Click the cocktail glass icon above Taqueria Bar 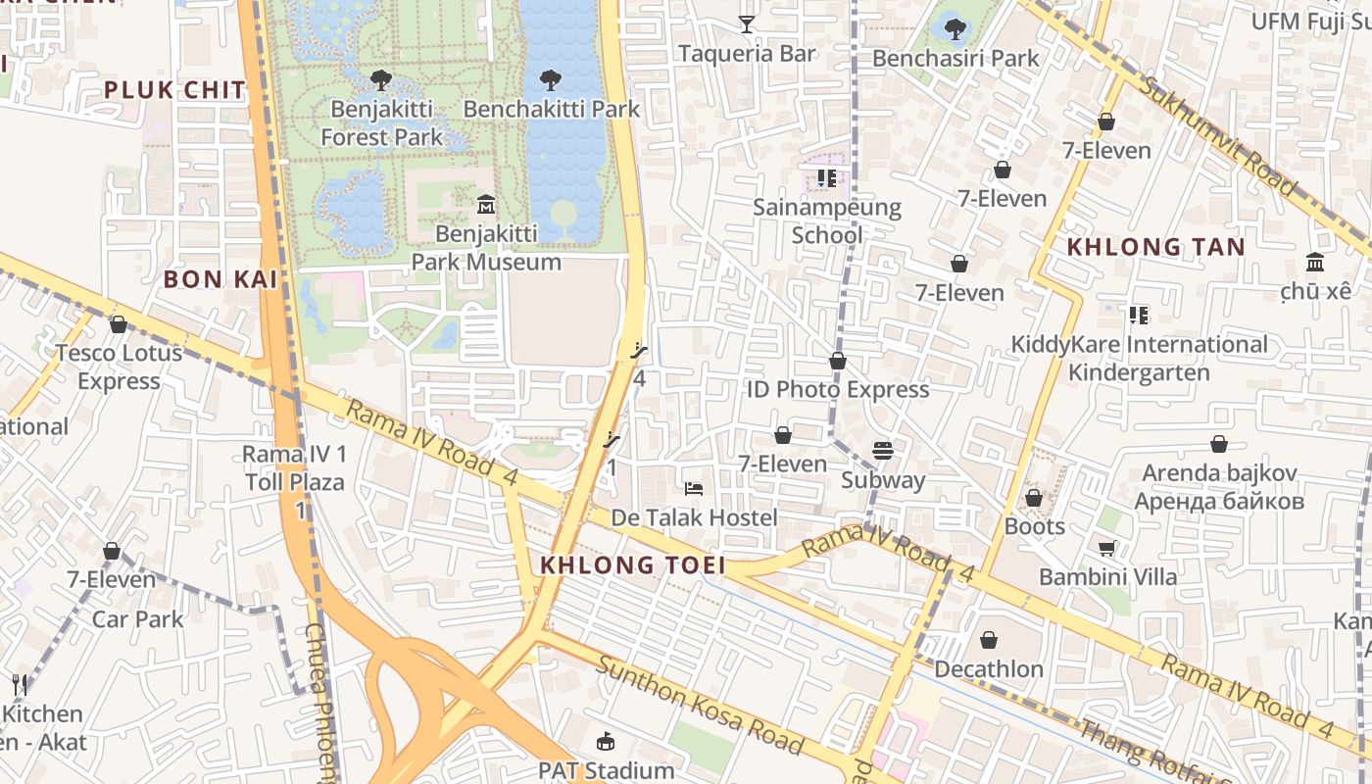click(747, 24)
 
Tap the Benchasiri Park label click(955, 59)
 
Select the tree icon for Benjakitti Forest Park click(381, 80)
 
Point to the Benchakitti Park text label click(551, 109)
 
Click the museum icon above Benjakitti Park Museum click(485, 205)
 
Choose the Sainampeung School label click(827, 220)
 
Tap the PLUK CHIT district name click(174, 90)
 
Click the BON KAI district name click(220, 279)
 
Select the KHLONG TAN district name click(1155, 247)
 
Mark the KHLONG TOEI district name click(633, 565)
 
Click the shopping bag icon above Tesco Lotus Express click(119, 324)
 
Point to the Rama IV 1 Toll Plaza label click(294, 468)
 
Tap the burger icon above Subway click(883, 451)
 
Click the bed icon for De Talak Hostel click(694, 488)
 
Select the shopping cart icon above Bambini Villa click(1106, 549)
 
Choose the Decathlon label click(989, 669)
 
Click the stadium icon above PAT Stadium click(606, 742)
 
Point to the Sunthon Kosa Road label click(701, 706)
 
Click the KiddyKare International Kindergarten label click(1139, 359)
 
